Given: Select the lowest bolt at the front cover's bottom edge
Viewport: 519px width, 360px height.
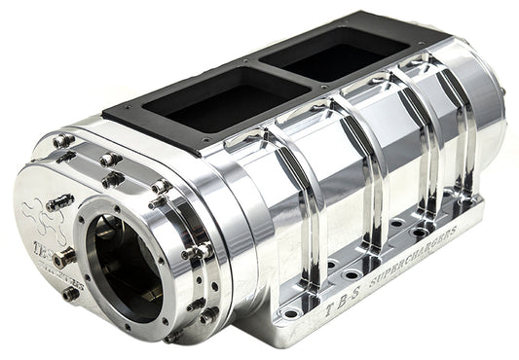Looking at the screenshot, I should click(173, 337).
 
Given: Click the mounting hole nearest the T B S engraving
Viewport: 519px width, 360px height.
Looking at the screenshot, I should click(288, 312).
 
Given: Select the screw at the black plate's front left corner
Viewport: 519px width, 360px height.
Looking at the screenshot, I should click(109, 120).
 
